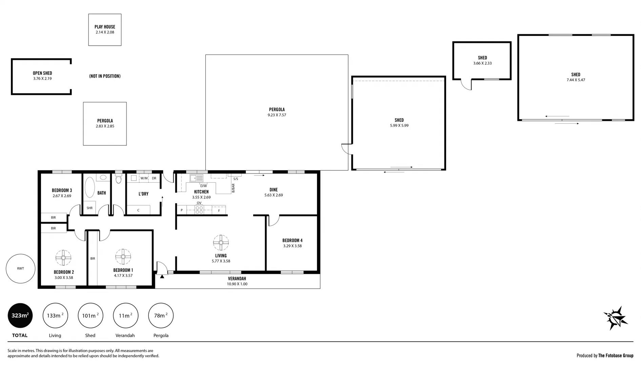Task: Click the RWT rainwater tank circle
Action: [20, 268]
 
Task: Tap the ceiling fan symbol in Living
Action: [221, 243]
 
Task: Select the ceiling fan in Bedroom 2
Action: [63, 258]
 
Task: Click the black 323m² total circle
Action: [20, 316]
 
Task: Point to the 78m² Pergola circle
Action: [161, 316]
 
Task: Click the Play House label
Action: [105, 27]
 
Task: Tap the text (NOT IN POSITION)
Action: [105, 76]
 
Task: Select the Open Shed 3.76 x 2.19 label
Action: [42, 76]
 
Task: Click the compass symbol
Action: [616, 318]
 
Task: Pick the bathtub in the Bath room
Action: [89, 187]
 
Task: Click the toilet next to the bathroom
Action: [118, 179]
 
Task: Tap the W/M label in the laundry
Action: [144, 178]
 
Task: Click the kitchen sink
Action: [196, 178]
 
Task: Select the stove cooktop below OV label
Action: [199, 210]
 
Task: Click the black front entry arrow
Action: [162, 277]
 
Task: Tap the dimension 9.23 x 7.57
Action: [277, 115]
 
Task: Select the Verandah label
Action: [237, 279]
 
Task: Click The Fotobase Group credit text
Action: [616, 355]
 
